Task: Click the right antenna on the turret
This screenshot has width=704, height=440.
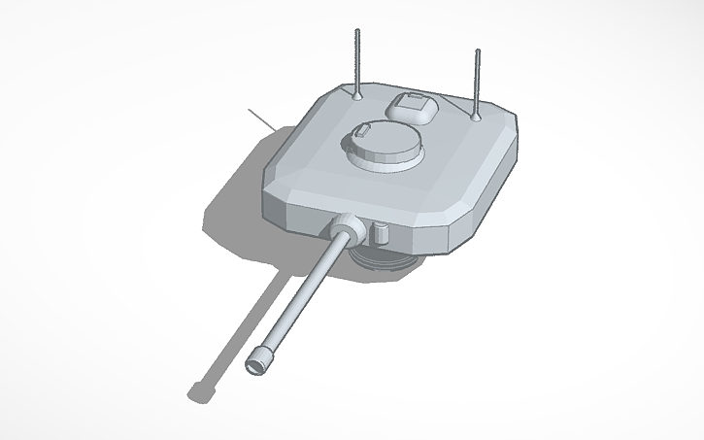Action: [477, 83]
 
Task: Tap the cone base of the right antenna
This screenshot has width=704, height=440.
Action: [476, 116]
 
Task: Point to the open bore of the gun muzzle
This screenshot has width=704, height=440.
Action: [255, 366]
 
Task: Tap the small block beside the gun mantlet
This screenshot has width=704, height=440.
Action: [382, 233]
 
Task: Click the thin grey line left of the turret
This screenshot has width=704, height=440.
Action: [260, 120]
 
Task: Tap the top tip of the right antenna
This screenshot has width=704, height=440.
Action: [477, 50]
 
